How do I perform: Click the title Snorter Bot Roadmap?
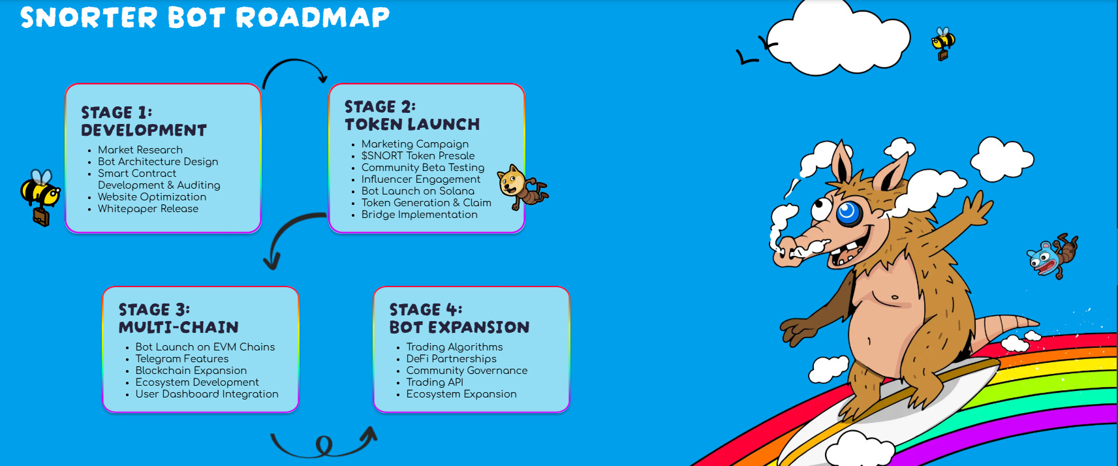(x=204, y=18)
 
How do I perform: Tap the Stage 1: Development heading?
(x=144, y=121)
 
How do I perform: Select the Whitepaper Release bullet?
(x=148, y=209)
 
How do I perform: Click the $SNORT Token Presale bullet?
(x=418, y=156)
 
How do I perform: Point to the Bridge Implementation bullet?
(x=419, y=215)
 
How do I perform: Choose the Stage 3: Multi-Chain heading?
(x=178, y=318)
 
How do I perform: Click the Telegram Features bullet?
(x=181, y=359)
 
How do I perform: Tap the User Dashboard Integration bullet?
(x=206, y=394)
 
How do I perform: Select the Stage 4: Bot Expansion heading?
(x=459, y=318)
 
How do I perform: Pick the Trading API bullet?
(x=434, y=382)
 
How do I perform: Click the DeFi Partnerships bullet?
(x=451, y=359)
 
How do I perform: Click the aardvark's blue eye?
(x=848, y=212)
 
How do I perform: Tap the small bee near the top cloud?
(x=942, y=43)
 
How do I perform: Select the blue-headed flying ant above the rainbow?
(x=1052, y=256)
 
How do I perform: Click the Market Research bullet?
(x=140, y=150)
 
